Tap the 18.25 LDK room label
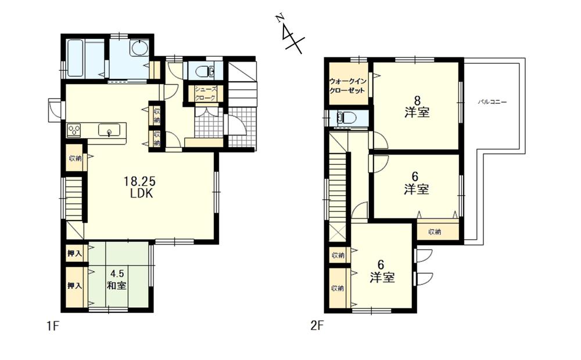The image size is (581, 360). coord(139,188)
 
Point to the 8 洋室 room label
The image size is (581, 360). coord(417,105)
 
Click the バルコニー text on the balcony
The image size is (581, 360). coord(492,102)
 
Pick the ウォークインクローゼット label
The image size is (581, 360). coord(348,87)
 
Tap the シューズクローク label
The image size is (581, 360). coord(206,93)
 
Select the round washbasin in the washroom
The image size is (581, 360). coord(138,48)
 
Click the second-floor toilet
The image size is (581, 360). coord(347,118)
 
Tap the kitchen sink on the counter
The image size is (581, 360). coord(109,129)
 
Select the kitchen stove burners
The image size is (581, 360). coord(74,130)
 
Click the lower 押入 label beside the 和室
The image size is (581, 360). coord(74,285)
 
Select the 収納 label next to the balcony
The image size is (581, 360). coord(435,232)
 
